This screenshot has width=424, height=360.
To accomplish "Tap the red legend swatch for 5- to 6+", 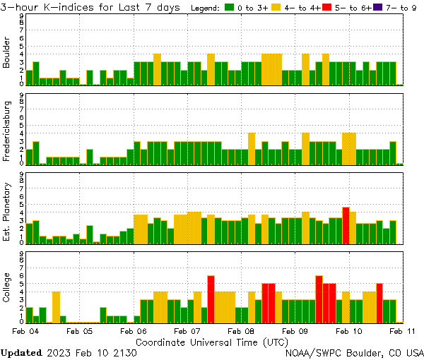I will pos(327,7).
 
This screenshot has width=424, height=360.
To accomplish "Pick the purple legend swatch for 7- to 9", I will pos(379,7).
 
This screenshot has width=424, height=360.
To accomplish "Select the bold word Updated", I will pos(21,352).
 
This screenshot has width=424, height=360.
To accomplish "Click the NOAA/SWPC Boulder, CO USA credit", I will pos(354,352).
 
